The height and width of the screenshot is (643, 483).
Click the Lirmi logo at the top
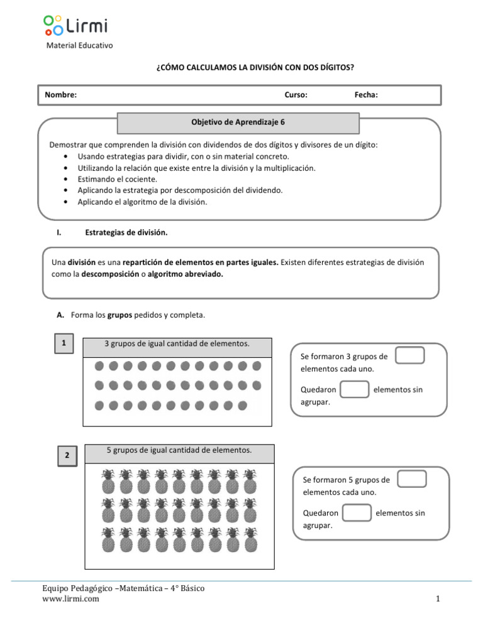(x=75, y=26)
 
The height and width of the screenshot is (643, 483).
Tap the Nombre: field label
(x=60, y=95)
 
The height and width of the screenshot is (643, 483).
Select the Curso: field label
(x=296, y=95)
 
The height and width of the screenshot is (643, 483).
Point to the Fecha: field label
(x=366, y=95)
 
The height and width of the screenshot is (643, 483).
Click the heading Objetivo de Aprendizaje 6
(x=238, y=123)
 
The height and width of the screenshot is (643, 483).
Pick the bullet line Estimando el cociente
(x=117, y=179)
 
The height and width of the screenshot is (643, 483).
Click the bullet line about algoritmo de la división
(x=142, y=202)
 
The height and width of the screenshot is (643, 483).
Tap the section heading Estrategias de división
(x=126, y=233)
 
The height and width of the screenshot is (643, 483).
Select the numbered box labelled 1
(x=64, y=343)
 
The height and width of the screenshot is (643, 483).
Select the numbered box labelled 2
(x=66, y=456)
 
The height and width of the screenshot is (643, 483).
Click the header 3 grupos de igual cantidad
(x=177, y=343)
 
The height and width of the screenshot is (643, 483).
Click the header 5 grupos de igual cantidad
(x=179, y=450)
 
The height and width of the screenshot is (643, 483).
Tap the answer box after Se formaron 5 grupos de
(x=413, y=479)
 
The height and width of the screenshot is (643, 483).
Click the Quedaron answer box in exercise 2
(x=357, y=512)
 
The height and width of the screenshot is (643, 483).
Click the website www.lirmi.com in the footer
(x=70, y=599)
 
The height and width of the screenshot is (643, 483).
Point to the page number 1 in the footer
(x=437, y=599)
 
